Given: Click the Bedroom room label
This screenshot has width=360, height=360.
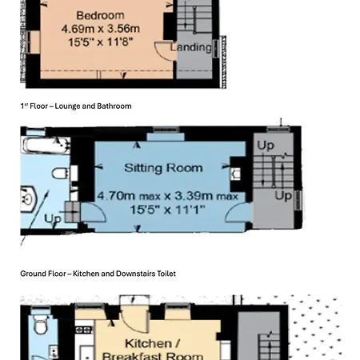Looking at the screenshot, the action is pyautogui.click(x=100, y=15).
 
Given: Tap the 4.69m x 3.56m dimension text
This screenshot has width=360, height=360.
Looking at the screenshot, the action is pyautogui.click(x=101, y=29).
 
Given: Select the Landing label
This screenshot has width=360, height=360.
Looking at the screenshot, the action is pyautogui.click(x=191, y=47).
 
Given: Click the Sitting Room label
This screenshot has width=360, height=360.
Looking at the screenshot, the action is pyautogui.click(x=163, y=168).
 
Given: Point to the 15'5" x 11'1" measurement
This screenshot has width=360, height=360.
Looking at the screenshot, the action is pyautogui.click(x=168, y=210).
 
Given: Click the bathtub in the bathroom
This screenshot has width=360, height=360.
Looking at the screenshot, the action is pyautogui.click(x=46, y=146).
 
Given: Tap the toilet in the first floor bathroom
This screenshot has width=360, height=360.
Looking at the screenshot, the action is pyautogui.click(x=61, y=174).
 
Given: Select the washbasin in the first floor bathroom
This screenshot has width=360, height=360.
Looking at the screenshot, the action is pyautogui.click(x=27, y=198).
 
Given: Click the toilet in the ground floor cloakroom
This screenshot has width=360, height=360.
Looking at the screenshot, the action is pyautogui.click(x=41, y=325).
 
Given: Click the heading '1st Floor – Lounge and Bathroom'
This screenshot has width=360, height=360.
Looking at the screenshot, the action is pyautogui.click(x=76, y=106).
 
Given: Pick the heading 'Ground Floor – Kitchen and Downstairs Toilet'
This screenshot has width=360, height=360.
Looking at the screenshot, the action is pyautogui.click(x=98, y=274).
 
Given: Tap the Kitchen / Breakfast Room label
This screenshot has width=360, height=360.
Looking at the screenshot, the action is pyautogui.click(x=153, y=350).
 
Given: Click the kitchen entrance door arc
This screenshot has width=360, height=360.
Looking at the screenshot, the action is pyautogui.click(x=134, y=324).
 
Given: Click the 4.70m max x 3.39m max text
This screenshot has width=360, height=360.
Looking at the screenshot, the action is pyautogui.click(x=168, y=196).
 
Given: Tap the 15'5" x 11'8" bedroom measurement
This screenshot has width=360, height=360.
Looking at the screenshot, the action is pyautogui.click(x=101, y=42).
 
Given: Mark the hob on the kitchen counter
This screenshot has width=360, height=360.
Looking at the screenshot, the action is pyautogui.click(x=84, y=330).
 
